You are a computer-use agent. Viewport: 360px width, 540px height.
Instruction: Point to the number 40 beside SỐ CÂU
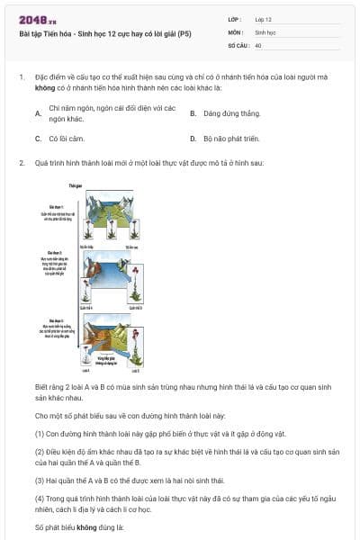(258, 44)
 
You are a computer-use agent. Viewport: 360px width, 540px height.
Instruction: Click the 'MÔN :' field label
(235, 31)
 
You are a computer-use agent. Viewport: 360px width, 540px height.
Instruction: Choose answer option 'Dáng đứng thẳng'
(231, 114)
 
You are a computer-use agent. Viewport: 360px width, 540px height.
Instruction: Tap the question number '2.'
(21, 164)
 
